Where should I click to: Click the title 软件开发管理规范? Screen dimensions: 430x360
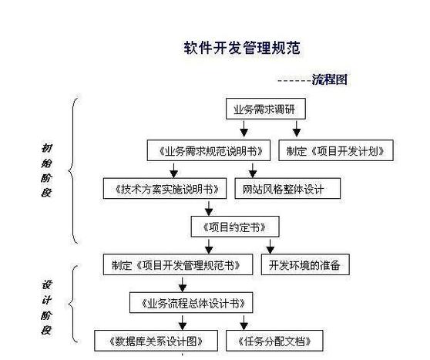tap(242, 48)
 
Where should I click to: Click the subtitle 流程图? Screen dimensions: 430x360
tap(330, 79)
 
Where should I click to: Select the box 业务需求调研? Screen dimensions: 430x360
tap(266, 109)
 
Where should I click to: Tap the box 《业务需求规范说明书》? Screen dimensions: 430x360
tap(209, 150)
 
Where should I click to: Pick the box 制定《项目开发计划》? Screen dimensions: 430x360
tap(336, 150)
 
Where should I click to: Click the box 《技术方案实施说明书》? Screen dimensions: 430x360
tap(165, 189)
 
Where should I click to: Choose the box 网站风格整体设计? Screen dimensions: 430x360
tap(287, 189)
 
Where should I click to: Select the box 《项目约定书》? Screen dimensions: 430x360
tap(235, 227)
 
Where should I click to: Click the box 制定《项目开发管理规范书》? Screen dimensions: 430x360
tap(178, 264)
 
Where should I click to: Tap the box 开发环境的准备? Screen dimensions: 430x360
tap(305, 264)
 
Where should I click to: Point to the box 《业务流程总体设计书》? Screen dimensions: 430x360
tap(191, 303)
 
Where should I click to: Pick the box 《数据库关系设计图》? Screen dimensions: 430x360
tap(156, 341)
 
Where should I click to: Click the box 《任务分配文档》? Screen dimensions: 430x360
tap(274, 341)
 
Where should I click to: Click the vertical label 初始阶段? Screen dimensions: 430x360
tap(46, 170)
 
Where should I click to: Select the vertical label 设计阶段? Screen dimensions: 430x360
tap(46, 308)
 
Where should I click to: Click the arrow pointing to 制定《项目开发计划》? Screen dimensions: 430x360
tap(297, 129)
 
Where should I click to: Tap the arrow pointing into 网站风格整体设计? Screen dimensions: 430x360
tap(253, 170)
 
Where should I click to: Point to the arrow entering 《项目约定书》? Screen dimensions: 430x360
tap(209, 209)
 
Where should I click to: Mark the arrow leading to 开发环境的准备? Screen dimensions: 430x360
tap(270, 247)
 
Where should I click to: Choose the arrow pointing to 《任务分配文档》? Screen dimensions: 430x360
tap(244, 322)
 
